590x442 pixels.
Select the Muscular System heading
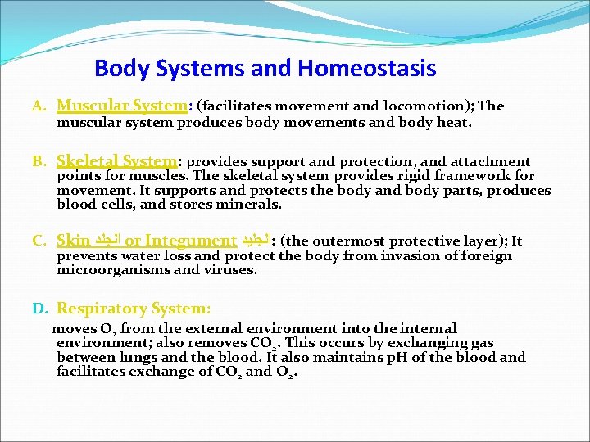[122, 106]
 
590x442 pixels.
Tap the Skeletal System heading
[116, 161]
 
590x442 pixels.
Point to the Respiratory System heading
[134, 309]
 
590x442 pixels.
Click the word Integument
[191, 241]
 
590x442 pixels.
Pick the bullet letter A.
[37, 106]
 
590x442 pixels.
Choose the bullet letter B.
[38, 162]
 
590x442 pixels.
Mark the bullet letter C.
[38, 241]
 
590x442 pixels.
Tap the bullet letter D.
[39, 309]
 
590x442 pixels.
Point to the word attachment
[491, 161]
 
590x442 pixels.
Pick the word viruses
[230, 270]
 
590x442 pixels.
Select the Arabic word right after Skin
[107, 241]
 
